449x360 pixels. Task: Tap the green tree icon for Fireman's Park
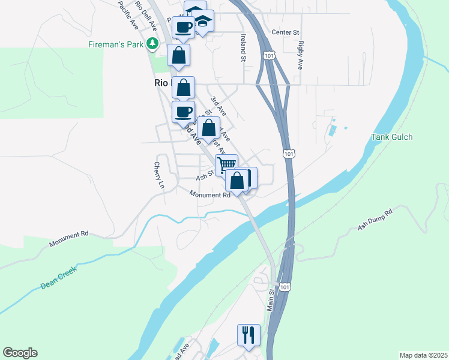tap(153, 43)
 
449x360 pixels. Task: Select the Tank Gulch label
tap(391, 137)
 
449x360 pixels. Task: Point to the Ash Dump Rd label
tap(375, 220)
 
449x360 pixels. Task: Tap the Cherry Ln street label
tap(158, 175)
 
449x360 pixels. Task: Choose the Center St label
tap(285, 32)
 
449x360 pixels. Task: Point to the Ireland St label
tap(244, 47)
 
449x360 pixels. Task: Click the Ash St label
tap(205, 176)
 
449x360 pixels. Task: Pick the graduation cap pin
tap(204, 22)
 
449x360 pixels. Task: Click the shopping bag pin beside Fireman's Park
tap(179, 55)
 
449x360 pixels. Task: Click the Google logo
tap(20, 353)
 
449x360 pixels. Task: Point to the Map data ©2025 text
tap(423, 355)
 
